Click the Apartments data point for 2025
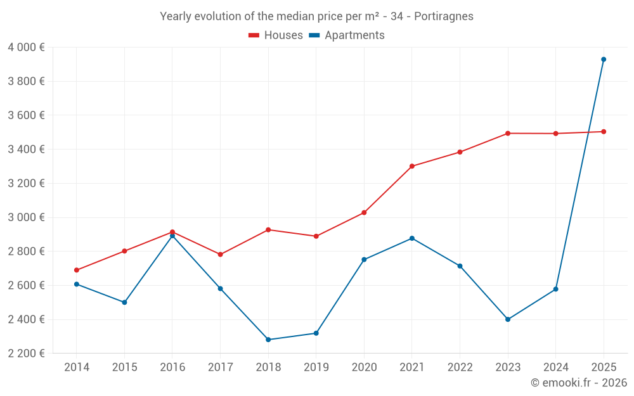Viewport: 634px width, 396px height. (604, 60)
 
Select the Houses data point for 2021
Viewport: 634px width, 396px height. (412, 166)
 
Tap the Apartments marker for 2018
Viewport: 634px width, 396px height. (268, 340)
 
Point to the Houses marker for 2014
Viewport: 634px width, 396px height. (77, 270)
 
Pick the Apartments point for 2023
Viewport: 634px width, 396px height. (508, 319)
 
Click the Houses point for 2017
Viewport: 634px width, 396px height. (221, 255)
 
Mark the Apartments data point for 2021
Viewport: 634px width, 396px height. (412, 238)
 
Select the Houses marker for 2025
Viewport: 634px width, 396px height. (604, 132)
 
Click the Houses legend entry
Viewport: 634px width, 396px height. (276, 35)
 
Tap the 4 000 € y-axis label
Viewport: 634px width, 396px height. (26, 48)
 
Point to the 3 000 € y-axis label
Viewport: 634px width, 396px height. (26, 217)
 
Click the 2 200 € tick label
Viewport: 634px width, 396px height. (26, 354)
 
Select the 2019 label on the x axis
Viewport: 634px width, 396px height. (316, 367)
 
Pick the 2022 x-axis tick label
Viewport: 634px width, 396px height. (460, 367)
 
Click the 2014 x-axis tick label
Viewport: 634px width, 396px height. (77, 367)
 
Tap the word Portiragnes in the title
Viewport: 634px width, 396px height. (444, 16)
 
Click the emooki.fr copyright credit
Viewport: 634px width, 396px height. (578, 383)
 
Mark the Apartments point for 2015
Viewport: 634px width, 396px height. (124, 302)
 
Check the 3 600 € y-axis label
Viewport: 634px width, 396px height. (26, 115)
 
